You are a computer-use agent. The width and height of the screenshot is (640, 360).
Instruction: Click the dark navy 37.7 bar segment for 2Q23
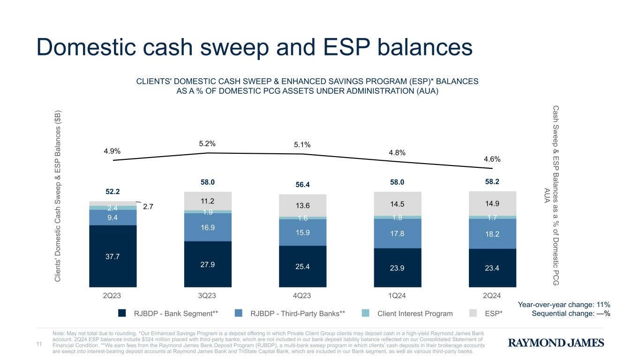(x=113, y=256)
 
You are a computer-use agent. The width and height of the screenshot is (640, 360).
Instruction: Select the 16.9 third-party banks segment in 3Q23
(x=208, y=227)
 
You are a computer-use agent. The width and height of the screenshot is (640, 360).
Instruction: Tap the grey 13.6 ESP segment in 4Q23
(x=302, y=205)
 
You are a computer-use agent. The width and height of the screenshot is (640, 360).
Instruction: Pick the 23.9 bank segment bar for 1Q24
(x=397, y=267)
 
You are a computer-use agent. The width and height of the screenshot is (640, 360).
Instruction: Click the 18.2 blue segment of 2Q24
(x=492, y=233)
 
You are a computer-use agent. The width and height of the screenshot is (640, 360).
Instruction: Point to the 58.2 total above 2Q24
(x=492, y=180)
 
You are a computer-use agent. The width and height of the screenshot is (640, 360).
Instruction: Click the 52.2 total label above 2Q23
(x=113, y=191)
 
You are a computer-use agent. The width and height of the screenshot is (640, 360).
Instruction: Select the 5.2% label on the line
(x=207, y=143)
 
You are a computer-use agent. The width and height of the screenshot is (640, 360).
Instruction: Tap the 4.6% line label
(x=492, y=159)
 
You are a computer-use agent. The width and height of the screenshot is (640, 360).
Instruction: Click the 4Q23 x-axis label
(x=302, y=296)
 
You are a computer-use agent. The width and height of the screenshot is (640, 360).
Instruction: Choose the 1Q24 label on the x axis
(x=397, y=296)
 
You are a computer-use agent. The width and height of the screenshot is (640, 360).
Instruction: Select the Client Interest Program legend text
(x=415, y=314)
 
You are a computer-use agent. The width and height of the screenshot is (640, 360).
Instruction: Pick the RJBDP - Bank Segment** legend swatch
(x=122, y=314)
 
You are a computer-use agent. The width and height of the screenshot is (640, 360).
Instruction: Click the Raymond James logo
(x=556, y=343)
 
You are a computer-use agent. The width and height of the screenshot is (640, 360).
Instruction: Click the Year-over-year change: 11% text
(x=564, y=305)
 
